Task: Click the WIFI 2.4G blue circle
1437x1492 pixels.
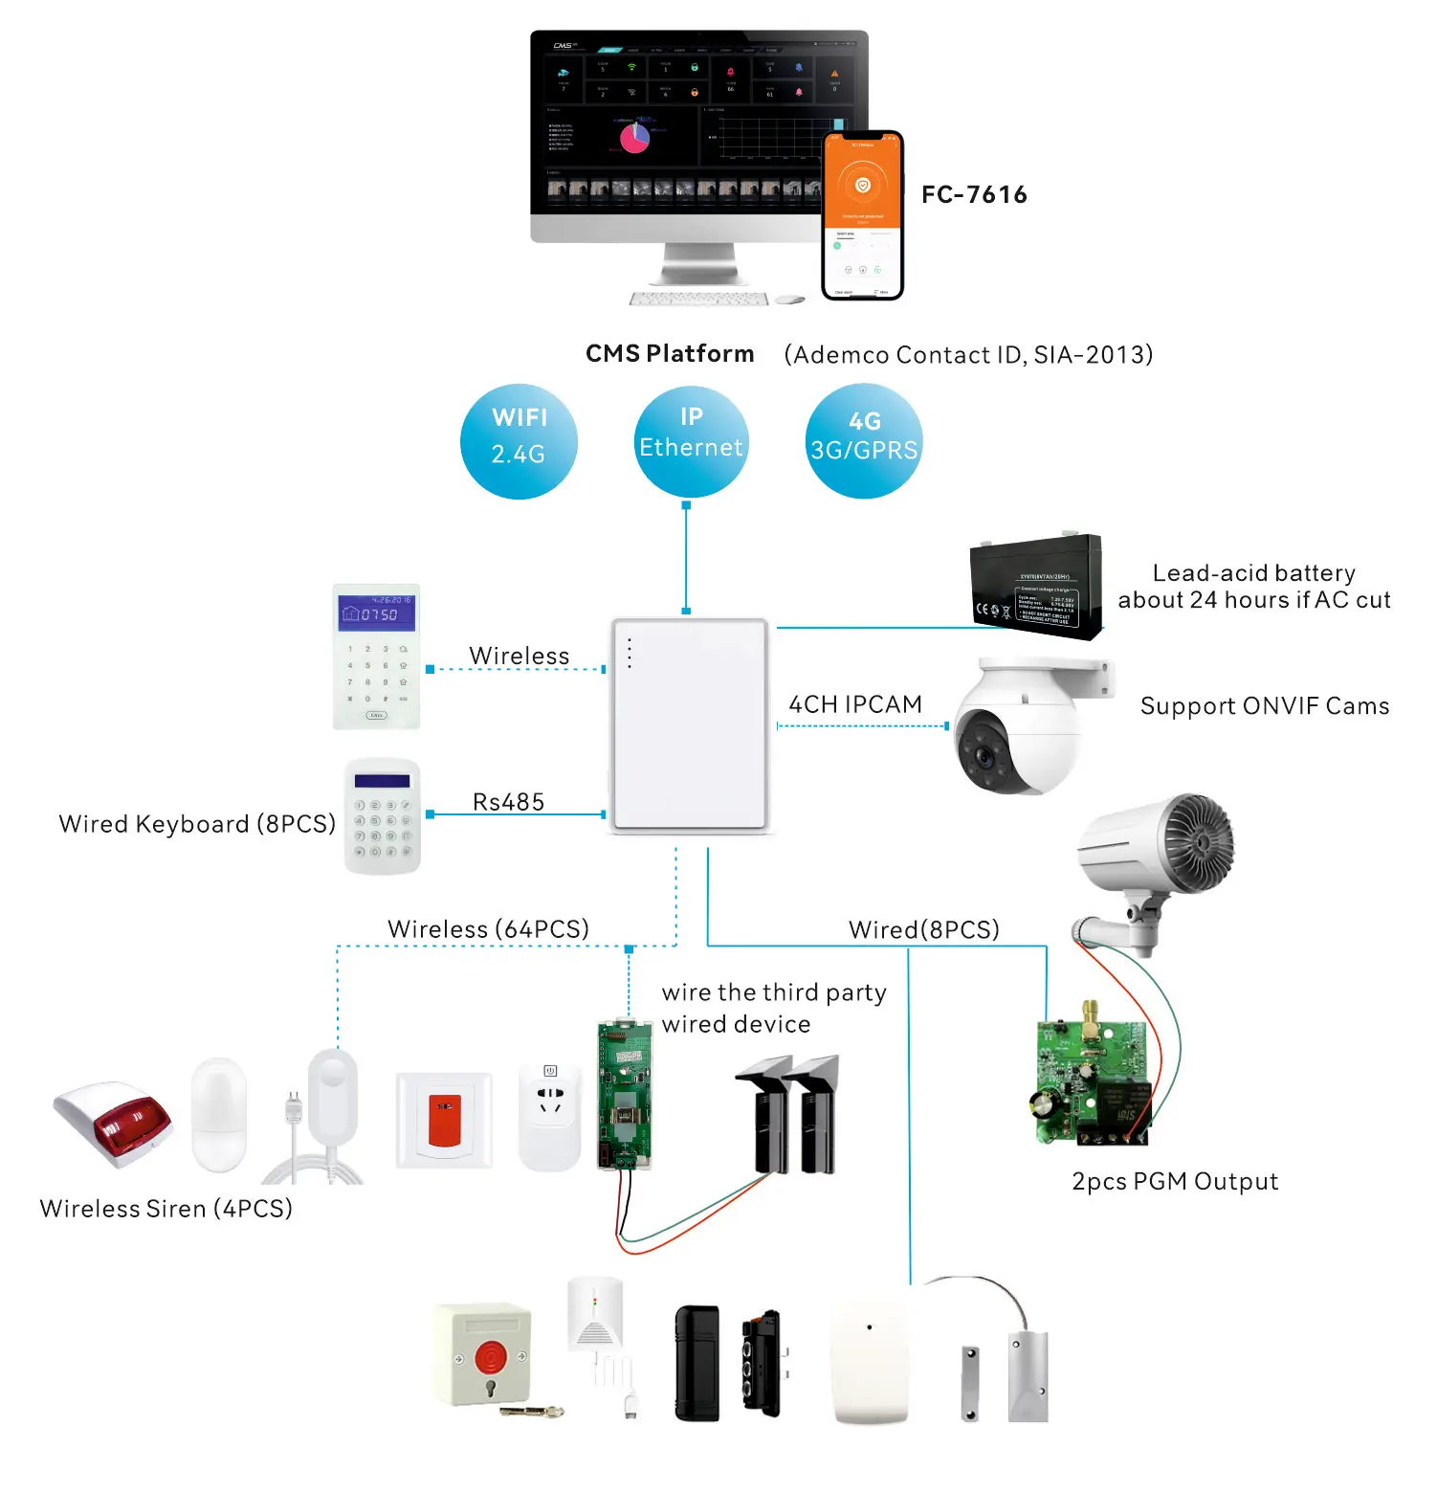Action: click(x=519, y=441)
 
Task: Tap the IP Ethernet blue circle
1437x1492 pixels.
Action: click(x=691, y=441)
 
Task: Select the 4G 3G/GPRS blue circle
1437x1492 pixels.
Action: click(x=864, y=441)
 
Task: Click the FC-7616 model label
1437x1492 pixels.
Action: click(x=974, y=194)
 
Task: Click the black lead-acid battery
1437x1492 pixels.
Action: click(x=1036, y=587)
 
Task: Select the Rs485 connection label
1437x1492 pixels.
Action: click(x=508, y=802)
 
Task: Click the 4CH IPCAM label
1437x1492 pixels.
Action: click(x=855, y=704)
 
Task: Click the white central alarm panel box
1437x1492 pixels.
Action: click(x=690, y=725)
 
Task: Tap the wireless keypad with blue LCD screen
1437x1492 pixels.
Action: click(x=377, y=657)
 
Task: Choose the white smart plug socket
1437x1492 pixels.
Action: click(x=550, y=1116)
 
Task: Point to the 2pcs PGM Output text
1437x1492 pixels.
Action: click(x=1175, y=1181)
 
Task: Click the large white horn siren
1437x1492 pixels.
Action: click(x=1158, y=852)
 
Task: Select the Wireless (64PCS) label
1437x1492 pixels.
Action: click(x=488, y=928)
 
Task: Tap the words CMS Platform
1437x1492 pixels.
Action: click(x=670, y=354)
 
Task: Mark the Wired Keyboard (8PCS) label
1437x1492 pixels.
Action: click(x=197, y=824)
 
